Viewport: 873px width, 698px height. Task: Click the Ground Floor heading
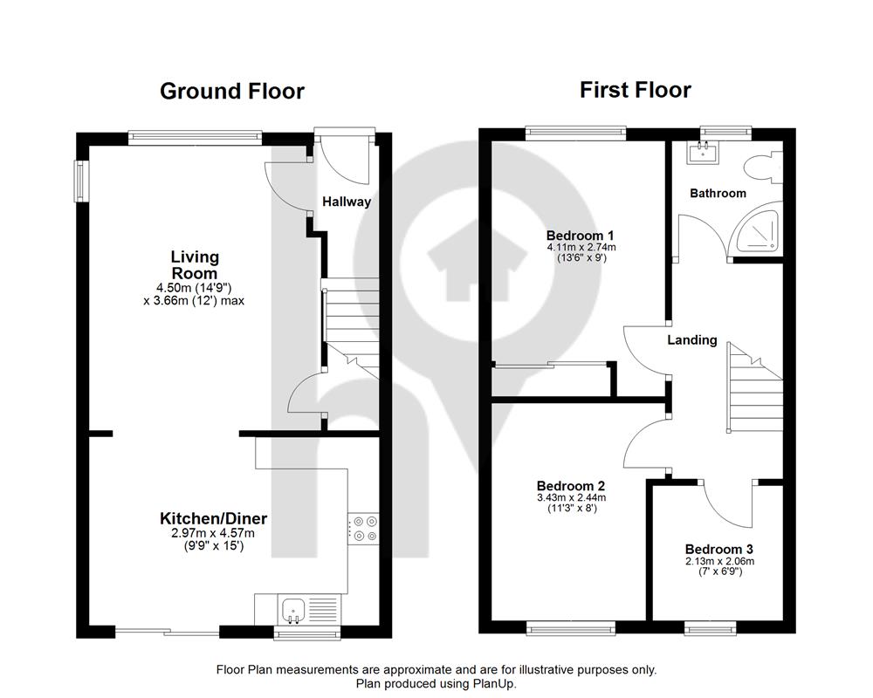click(x=232, y=92)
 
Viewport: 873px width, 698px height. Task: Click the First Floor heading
click(x=636, y=90)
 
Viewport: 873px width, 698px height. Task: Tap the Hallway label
click(x=347, y=202)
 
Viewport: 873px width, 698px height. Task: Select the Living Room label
click(x=195, y=265)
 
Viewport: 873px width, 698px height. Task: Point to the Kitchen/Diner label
click(x=213, y=519)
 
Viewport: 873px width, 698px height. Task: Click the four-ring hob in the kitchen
click(x=363, y=529)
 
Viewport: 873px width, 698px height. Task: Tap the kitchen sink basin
click(x=292, y=610)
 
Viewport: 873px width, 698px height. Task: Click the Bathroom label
click(x=718, y=193)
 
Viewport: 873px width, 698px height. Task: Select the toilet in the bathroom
click(x=763, y=167)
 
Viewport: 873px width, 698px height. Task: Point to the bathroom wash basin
click(x=703, y=152)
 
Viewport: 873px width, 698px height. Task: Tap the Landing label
click(x=692, y=339)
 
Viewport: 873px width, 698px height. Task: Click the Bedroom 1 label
click(x=581, y=236)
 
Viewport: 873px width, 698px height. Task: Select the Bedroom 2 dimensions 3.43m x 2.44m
click(x=571, y=497)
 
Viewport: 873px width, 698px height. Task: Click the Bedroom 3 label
click(x=719, y=550)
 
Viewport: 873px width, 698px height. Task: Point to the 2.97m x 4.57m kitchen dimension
click(x=213, y=533)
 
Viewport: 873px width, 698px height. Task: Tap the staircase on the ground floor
click(x=351, y=328)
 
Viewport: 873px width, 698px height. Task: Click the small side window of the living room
click(x=82, y=181)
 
